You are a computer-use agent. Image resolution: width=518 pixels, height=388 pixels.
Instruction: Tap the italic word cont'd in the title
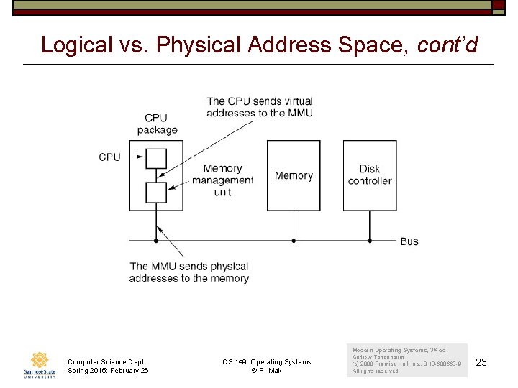447,45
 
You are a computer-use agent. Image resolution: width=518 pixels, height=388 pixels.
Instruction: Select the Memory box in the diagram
294,175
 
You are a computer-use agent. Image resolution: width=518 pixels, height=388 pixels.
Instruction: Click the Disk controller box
370,175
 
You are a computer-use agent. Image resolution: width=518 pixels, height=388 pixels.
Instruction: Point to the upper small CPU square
156,157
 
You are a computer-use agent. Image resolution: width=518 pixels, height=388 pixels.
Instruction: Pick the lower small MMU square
156,193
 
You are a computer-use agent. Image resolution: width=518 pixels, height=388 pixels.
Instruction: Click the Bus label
409,241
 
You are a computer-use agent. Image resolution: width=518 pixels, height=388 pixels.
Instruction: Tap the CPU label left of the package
109,157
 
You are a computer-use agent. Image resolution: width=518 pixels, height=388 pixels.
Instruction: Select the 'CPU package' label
157,124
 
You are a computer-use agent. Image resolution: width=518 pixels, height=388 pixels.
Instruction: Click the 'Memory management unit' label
223,180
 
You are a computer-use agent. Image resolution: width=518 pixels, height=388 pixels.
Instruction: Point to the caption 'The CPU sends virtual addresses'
260,107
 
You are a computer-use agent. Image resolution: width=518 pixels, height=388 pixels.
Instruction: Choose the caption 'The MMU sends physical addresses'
189,272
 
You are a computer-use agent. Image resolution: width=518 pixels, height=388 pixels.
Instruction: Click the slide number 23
481,363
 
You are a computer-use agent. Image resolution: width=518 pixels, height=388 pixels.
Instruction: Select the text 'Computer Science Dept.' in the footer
106,362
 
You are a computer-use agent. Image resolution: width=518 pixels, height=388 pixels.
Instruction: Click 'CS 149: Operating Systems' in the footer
266,362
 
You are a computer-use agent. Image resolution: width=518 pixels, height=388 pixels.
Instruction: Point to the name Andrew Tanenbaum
378,357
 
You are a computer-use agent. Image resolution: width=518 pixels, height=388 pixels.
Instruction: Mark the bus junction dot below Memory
294,241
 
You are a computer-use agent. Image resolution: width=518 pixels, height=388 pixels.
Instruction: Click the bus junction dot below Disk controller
370,241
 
